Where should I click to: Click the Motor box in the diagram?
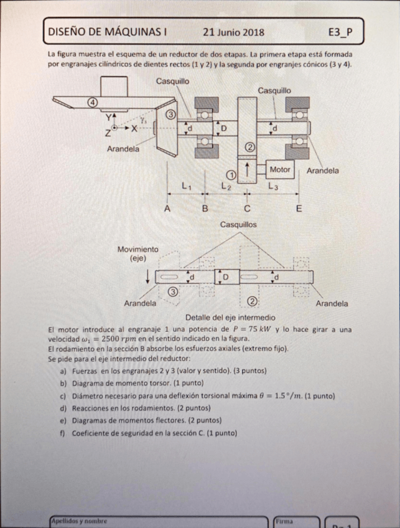tap(280, 169)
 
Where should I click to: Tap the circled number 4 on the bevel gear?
tap(92, 103)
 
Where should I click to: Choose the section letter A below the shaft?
tap(167, 209)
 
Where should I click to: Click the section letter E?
tap(299, 209)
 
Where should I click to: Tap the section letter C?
tap(247, 209)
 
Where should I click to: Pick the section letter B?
tap(205, 209)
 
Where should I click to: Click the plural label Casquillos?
tap(239, 224)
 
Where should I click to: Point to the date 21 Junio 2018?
tap(233, 32)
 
